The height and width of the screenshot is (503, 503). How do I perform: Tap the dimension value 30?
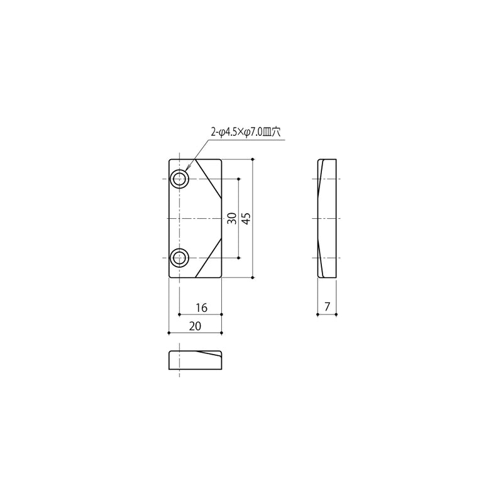tap(232, 218)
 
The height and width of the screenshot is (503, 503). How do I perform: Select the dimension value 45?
tap(246, 218)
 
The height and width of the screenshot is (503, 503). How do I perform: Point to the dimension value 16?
tap(201, 308)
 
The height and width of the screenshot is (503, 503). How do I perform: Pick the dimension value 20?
tap(195, 326)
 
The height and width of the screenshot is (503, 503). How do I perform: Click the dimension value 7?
tap(327, 307)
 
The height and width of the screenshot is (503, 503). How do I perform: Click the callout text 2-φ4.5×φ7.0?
tap(236, 132)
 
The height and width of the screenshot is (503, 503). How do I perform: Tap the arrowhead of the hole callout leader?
tap(187, 169)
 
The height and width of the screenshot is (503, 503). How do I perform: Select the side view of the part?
tap(327, 218)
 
